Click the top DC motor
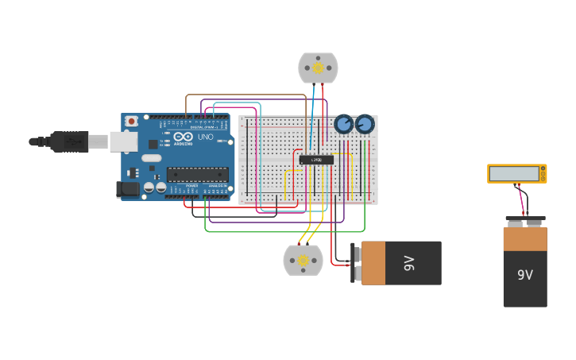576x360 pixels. coord(318,68)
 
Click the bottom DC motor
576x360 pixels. coord(303,260)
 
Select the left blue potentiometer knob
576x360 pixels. coord(343,124)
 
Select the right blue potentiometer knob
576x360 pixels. coord(365,124)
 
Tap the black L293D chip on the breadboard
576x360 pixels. coord(316,160)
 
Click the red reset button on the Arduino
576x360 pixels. coord(131,121)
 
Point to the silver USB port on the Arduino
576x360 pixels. coord(122,141)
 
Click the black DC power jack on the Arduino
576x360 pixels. coord(126,189)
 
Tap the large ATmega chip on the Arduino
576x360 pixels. coord(197,174)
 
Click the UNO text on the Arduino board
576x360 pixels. coord(205,137)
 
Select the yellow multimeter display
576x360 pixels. coord(516,173)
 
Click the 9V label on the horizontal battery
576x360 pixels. coord(409,263)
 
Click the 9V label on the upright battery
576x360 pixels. coord(525,275)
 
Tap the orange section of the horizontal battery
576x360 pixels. coord(373,263)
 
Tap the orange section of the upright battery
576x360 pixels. coord(525,238)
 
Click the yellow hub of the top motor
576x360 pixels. coord(318,68)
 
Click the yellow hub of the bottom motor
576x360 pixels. coord(303,260)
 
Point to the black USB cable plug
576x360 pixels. coord(68,141)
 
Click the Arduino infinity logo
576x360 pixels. coord(183,137)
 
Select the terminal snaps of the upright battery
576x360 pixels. coord(525,221)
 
